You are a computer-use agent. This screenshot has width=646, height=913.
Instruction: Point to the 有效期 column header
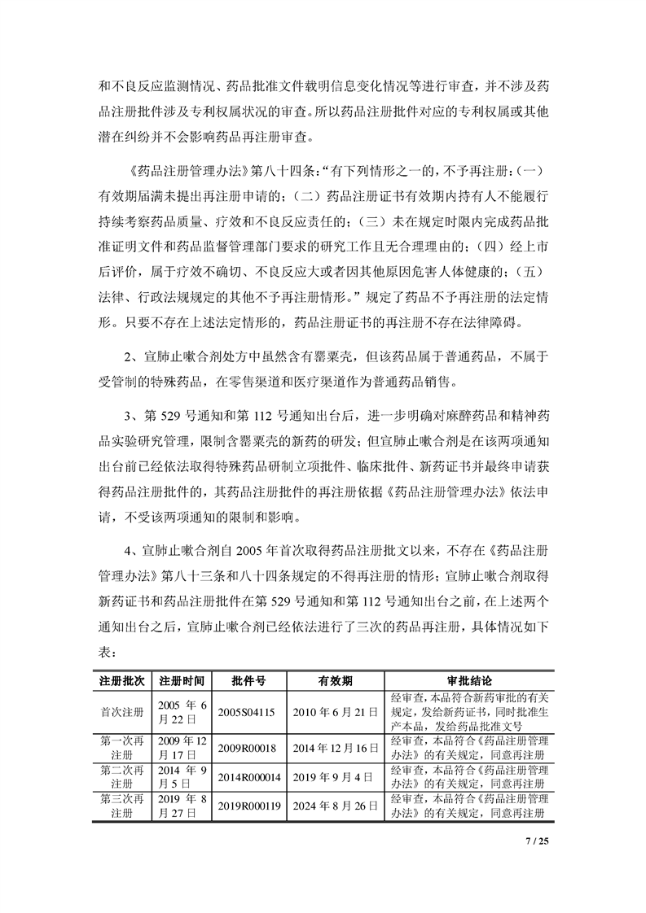(335, 679)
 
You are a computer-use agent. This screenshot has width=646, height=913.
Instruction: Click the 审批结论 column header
(468, 679)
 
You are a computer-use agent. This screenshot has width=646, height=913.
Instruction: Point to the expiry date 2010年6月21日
(335, 711)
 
